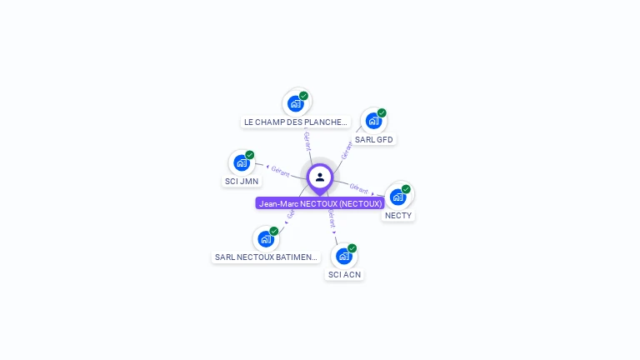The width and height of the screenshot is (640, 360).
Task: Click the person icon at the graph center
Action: click(320, 177)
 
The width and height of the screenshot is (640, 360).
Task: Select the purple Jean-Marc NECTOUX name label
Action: click(320, 203)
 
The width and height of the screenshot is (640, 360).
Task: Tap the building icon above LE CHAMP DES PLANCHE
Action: click(295, 103)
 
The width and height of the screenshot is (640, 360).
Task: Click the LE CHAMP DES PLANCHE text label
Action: click(295, 122)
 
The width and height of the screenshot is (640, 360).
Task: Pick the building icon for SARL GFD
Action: click(373, 121)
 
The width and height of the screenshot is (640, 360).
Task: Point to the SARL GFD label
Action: click(373, 139)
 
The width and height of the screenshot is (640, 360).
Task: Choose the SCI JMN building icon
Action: click(242, 162)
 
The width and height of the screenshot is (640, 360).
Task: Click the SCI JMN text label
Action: click(242, 181)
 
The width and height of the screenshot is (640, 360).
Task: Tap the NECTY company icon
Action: click(398, 197)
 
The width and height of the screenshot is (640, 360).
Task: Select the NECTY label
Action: click(398, 215)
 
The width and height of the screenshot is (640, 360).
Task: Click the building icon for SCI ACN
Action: click(344, 256)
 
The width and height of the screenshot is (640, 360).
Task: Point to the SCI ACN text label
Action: click(344, 274)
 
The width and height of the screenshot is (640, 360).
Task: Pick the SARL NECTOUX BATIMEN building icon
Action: click(266, 239)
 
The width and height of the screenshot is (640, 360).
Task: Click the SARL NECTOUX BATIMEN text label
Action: click(266, 257)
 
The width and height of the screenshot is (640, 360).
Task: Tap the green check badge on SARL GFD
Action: click(382, 112)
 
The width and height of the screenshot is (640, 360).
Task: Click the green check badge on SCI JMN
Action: click(249, 155)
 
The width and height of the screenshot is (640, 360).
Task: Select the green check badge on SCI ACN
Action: click(352, 248)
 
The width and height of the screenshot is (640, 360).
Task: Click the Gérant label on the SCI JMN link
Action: click(280, 171)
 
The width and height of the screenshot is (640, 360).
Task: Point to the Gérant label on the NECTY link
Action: click(359, 188)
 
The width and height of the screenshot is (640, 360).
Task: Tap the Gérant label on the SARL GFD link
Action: click(347, 150)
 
